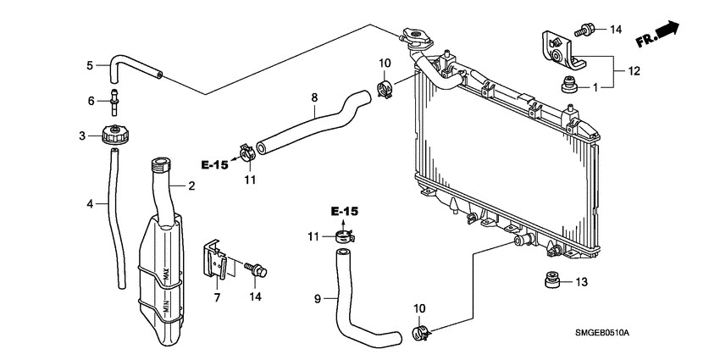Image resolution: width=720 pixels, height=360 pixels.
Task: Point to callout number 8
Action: pyautogui.click(x=313, y=98)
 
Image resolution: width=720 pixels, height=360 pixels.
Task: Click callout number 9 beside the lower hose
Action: pyautogui.click(x=318, y=298)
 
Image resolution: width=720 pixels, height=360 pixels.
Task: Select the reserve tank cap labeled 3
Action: pyautogui.click(x=114, y=135)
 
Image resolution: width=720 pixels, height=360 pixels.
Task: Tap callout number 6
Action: pyautogui.click(x=92, y=100)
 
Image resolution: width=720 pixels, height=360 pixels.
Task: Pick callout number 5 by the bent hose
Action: pyautogui.click(x=90, y=64)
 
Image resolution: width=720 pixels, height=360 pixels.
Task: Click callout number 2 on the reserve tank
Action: pyautogui.click(x=191, y=186)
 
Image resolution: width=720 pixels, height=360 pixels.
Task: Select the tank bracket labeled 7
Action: pyautogui.click(x=216, y=260)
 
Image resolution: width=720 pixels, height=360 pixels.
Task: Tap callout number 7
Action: pyautogui.click(x=217, y=298)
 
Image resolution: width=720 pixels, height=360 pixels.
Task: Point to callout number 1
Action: pyautogui.click(x=595, y=86)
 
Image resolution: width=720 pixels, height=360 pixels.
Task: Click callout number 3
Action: pyautogui.click(x=82, y=136)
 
